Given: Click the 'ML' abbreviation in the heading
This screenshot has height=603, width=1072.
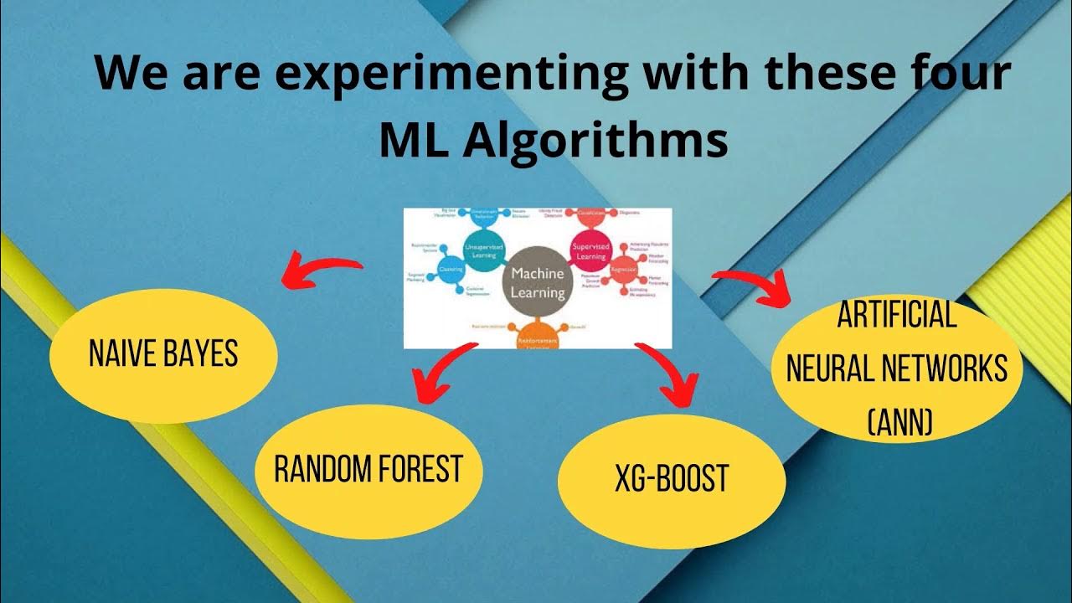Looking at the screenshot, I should tap(414, 141).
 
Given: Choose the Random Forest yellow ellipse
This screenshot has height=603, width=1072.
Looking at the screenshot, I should tap(368, 469).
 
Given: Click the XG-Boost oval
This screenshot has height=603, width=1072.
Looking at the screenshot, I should tap(671, 480).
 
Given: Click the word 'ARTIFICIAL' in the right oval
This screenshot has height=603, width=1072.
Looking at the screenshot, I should tap(896, 316).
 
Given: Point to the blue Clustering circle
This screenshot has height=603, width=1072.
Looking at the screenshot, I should tap(451, 271).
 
